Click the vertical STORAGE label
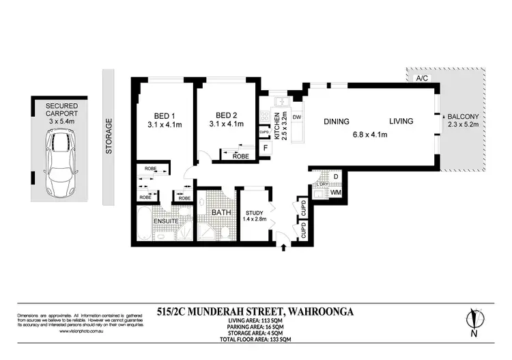point(109,136)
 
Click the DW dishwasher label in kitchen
point(297,117)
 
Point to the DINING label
point(337,122)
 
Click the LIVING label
point(401,122)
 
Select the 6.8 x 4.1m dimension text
point(369,135)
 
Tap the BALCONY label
point(463,117)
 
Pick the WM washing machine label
point(335,193)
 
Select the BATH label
point(221,212)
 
